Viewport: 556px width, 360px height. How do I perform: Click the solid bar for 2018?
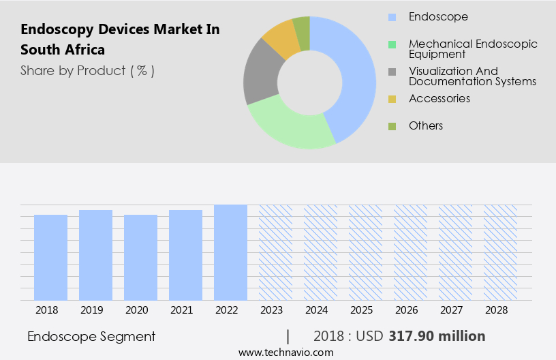pyautogui.click(x=51, y=257)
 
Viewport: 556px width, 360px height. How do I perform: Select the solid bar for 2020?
pyautogui.click(x=141, y=257)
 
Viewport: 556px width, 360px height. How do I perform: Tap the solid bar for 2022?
pyautogui.click(x=230, y=252)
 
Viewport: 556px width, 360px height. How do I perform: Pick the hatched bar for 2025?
pyautogui.click(x=365, y=252)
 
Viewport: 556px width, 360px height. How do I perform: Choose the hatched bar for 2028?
pyautogui.click(x=500, y=252)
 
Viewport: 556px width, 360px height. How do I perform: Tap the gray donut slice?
pyautogui.click(x=260, y=75)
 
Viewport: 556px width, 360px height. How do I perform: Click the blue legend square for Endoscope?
pyautogui.click(x=392, y=16)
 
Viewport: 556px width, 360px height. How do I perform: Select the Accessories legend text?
pyautogui.click(x=439, y=99)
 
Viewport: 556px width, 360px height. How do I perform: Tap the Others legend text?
pyautogui.click(x=426, y=125)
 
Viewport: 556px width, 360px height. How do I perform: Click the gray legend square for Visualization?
pyautogui.click(x=392, y=72)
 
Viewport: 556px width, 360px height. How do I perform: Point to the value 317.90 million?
pyautogui.click(x=437, y=336)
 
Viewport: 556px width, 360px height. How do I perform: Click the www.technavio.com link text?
pyautogui.click(x=285, y=352)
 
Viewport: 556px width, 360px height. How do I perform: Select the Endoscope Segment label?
pyautogui.click(x=91, y=336)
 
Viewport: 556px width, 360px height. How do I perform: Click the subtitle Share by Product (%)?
pyautogui.click(x=87, y=70)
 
